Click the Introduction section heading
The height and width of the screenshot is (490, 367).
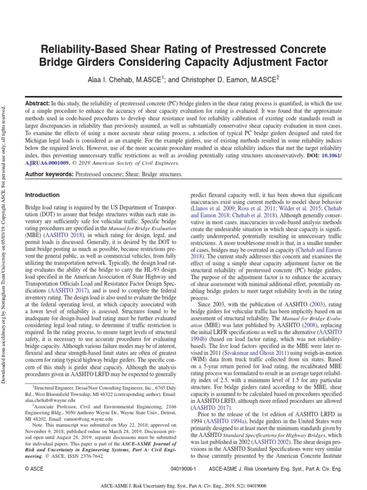(x=43, y=195)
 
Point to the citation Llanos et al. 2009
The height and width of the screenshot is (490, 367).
(x=214, y=209)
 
